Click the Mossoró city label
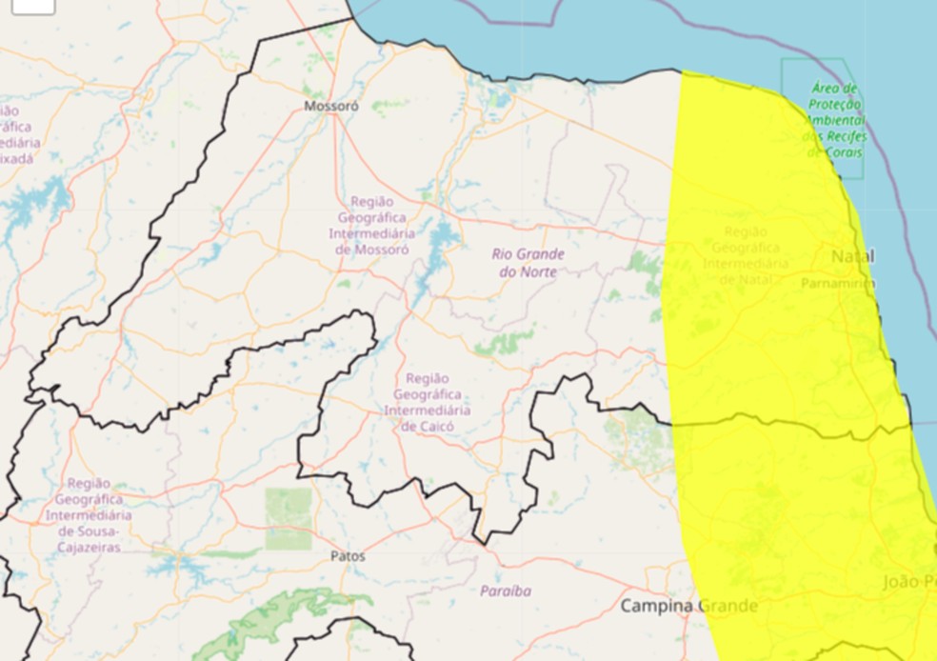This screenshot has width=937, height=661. pyautogui.click(x=330, y=107)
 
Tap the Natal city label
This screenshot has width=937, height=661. pyautogui.click(x=852, y=257)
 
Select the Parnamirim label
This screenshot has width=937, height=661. pyautogui.click(x=837, y=283)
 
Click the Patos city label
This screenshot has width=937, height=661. pyautogui.click(x=347, y=555)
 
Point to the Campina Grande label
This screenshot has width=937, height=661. pyautogui.click(x=688, y=606)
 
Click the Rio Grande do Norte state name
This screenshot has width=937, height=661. pyautogui.click(x=528, y=263)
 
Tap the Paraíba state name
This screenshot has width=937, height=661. pyautogui.click(x=506, y=591)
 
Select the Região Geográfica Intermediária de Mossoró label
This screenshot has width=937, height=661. pyautogui.click(x=371, y=225)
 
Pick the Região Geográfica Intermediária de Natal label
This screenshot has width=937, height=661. pyautogui.click(x=746, y=255)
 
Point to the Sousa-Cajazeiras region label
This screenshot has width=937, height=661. pyautogui.click(x=89, y=515)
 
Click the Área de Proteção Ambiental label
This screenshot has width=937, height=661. pyautogui.click(x=836, y=120)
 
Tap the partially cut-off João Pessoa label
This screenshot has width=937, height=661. pyautogui.click(x=908, y=582)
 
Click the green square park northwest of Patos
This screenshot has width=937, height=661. pyautogui.click(x=288, y=518)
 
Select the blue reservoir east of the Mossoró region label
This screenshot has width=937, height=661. pyautogui.click(x=443, y=238)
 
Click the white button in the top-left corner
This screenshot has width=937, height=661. pyautogui.click(x=33, y=6)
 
